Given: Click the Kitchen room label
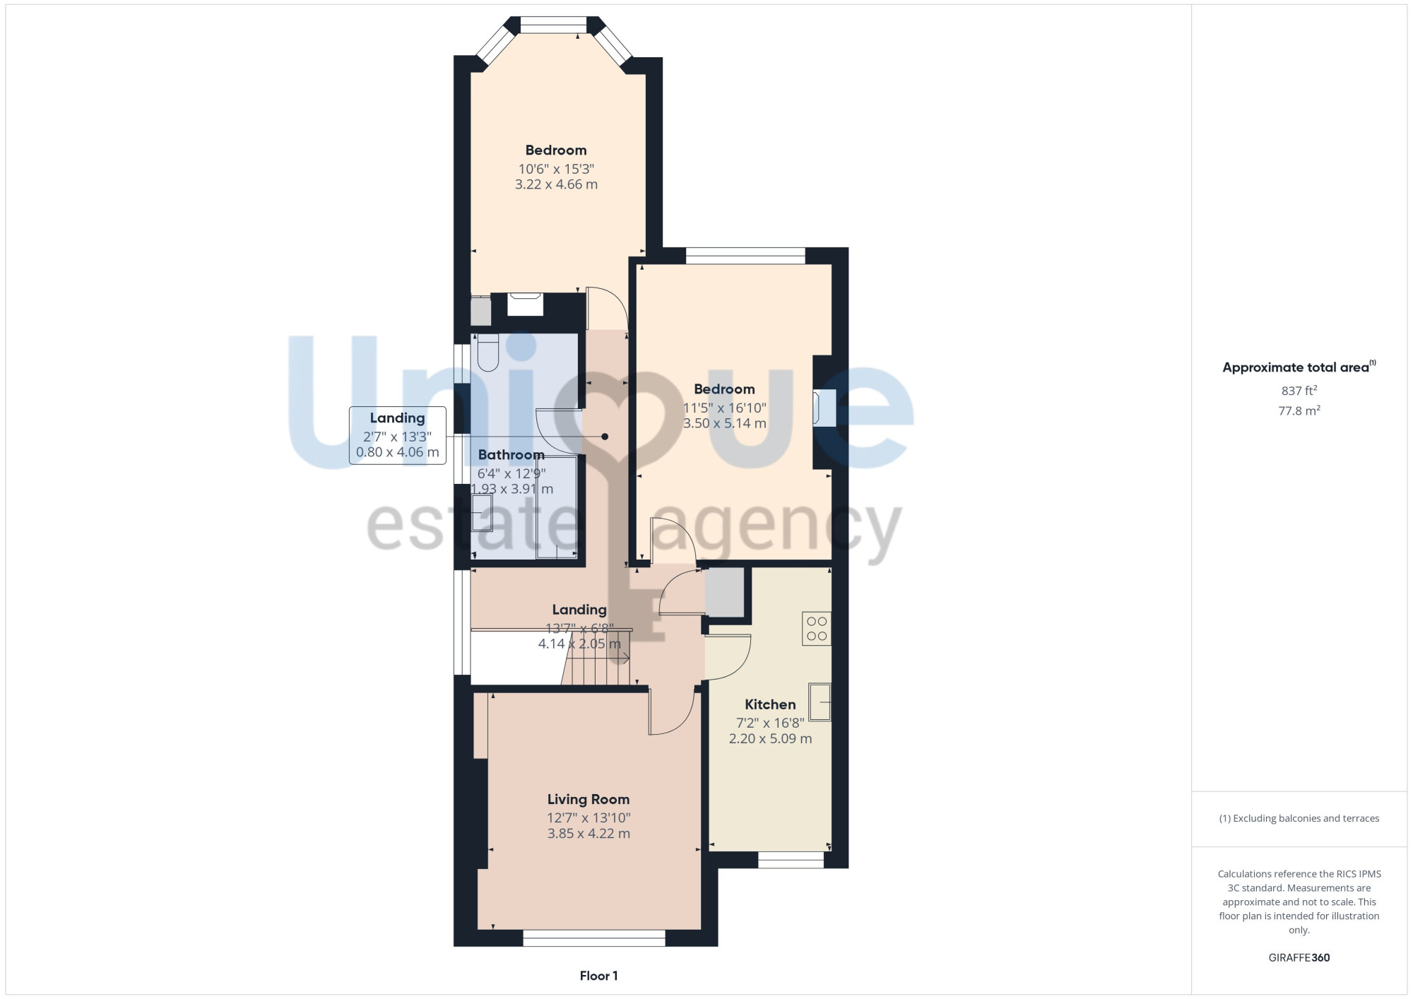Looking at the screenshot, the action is [770, 704].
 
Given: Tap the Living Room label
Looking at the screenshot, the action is [589, 799].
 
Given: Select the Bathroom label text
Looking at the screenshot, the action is [512, 455].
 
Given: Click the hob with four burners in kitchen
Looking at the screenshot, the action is [817, 629].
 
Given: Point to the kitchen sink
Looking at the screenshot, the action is [820, 702].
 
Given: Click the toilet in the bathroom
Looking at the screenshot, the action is [488, 353].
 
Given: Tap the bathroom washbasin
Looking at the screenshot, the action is [482, 513].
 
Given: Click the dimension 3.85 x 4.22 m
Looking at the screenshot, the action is [589, 834].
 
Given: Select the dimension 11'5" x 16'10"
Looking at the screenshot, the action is [724, 408].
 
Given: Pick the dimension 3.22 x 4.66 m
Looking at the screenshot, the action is [556, 184].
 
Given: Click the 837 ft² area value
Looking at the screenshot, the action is [1299, 391].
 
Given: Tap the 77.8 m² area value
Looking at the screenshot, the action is [1299, 410].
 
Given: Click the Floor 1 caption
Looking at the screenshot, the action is [598, 976].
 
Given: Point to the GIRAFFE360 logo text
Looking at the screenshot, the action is [1299, 958].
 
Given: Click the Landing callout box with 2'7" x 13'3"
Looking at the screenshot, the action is [397, 435].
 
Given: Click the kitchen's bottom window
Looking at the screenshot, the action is [791, 860].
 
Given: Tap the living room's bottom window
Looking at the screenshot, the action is [594, 938].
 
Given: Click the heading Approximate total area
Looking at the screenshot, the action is [1299, 367].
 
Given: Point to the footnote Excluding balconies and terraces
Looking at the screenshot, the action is [1299, 818].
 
